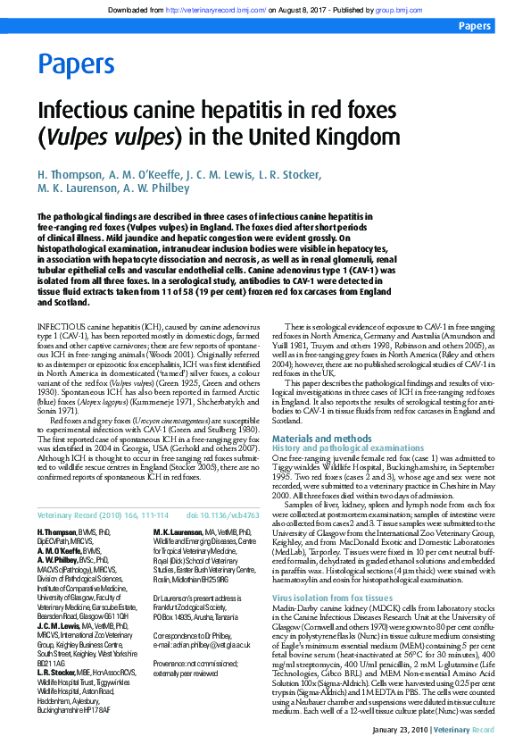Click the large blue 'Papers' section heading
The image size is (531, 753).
76,64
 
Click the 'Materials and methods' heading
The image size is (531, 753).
321,439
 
